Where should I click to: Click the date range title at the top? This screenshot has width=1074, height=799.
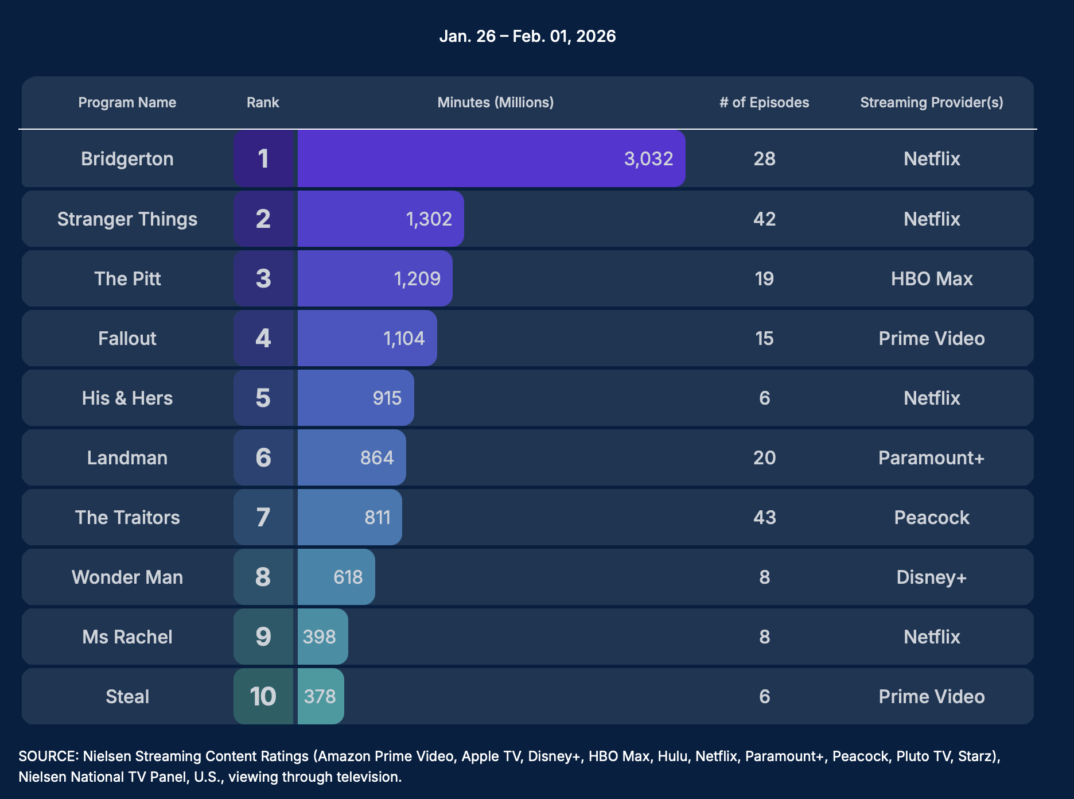tap(527, 36)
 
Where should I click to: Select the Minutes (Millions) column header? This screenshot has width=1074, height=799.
tap(495, 102)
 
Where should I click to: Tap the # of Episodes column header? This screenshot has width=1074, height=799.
tap(764, 102)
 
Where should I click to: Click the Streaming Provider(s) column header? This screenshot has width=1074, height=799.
tap(931, 102)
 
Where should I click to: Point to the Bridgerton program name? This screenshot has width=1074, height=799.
tap(127, 158)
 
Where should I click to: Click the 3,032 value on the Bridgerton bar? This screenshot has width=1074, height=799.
tap(648, 158)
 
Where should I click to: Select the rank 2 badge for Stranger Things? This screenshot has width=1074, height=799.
tap(263, 219)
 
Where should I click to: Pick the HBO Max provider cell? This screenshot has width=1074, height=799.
tap(931, 278)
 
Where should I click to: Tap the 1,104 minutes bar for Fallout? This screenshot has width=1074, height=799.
tap(367, 338)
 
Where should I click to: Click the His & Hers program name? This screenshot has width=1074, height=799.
tap(127, 398)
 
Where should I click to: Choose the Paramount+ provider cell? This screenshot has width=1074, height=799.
tap(931, 457)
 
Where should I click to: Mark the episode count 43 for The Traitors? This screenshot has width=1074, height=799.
tap(764, 517)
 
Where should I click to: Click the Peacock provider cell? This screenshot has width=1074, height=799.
tap(931, 517)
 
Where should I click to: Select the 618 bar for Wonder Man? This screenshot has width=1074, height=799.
tap(336, 577)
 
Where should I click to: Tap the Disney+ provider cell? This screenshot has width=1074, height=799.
tap(931, 577)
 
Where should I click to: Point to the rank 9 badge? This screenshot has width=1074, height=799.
tap(263, 637)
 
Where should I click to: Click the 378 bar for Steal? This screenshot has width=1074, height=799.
tap(320, 696)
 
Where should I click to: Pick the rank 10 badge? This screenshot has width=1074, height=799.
tap(263, 696)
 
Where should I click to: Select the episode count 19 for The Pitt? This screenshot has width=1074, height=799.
tap(764, 278)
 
